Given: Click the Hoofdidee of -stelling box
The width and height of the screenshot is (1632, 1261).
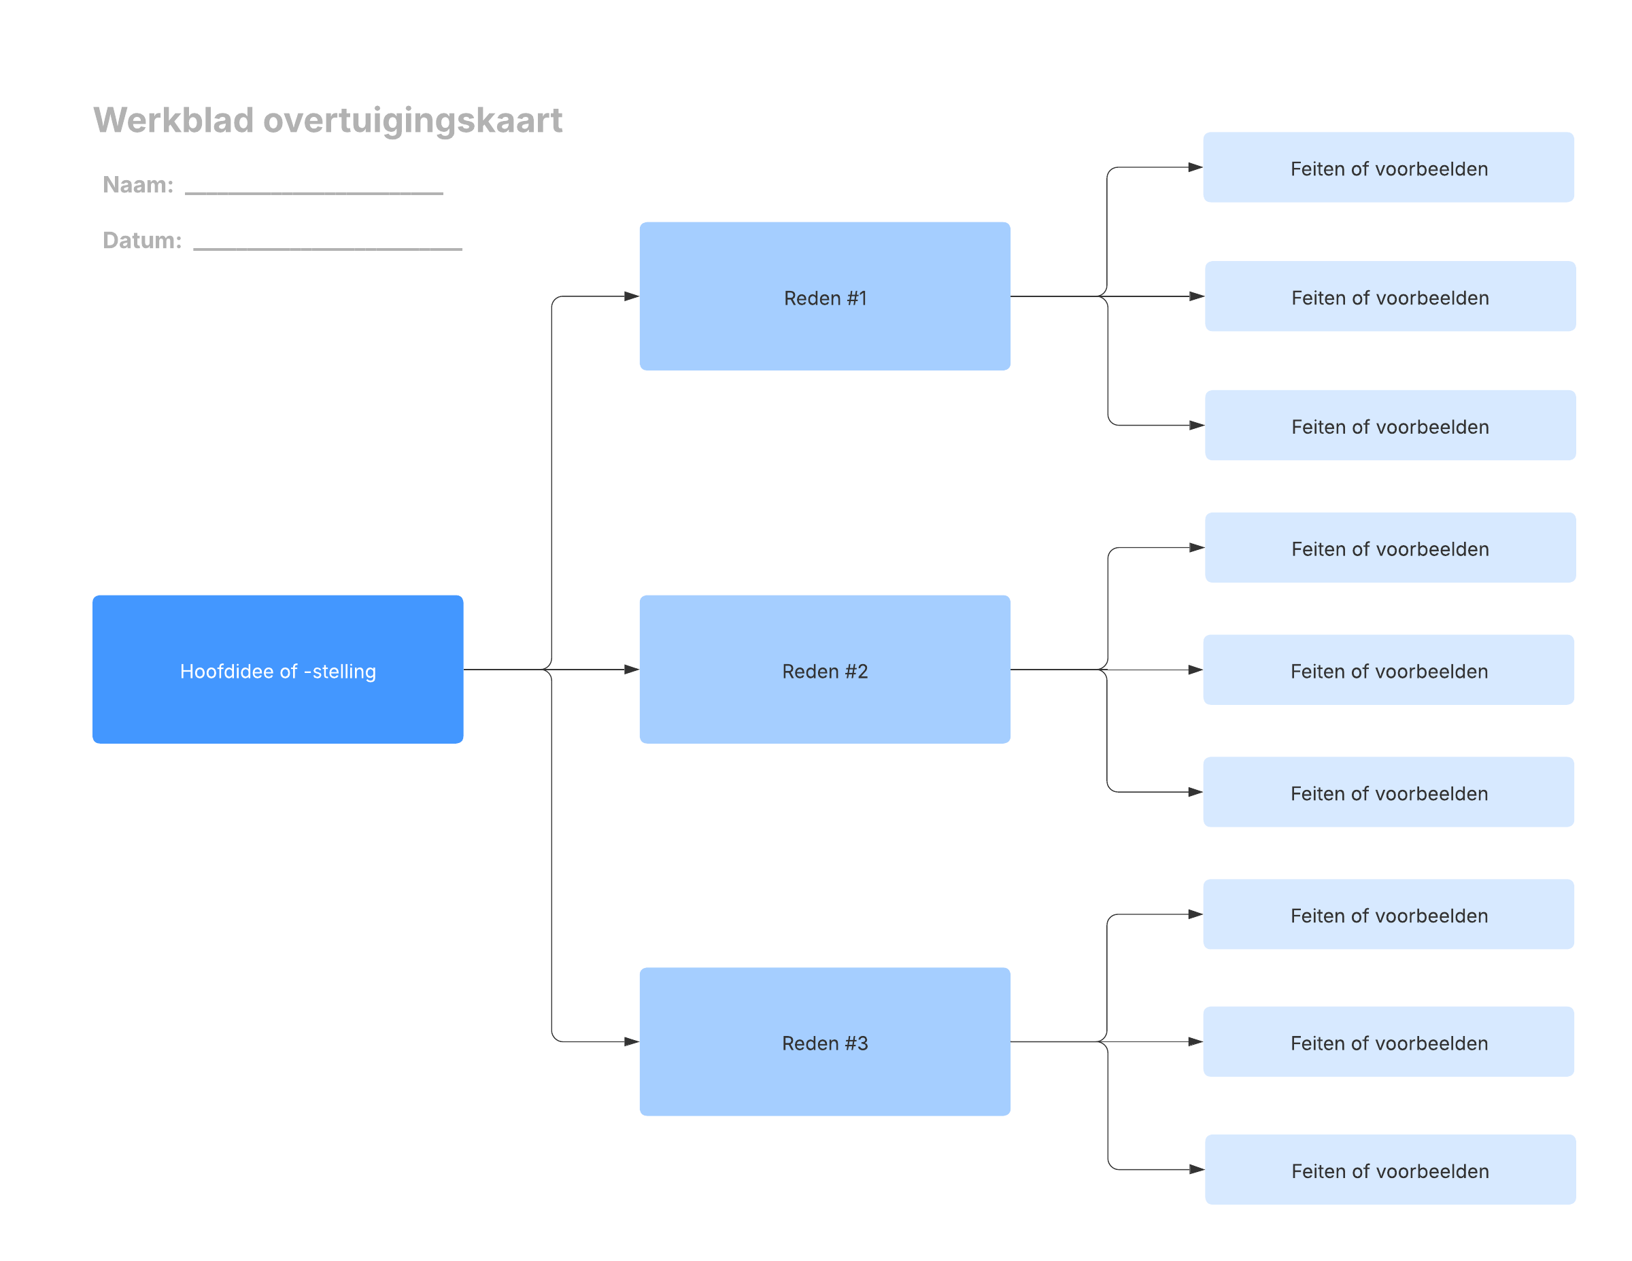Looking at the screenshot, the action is tap(278, 670).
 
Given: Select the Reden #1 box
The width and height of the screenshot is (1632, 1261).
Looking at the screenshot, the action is tap(825, 296).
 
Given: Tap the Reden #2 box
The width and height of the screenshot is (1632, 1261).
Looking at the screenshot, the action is tap(825, 670).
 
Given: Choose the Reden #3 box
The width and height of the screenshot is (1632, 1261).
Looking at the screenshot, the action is tap(825, 1042).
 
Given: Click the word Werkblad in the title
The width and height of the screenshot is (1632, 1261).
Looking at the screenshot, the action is tap(173, 120).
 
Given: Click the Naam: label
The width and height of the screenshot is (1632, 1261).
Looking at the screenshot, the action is tap(138, 184).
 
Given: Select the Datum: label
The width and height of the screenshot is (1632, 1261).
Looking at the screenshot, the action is tap(142, 241).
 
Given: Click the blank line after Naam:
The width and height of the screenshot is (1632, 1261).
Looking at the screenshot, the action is tap(314, 194).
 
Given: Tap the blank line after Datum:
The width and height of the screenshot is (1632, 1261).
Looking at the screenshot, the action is tap(327, 249).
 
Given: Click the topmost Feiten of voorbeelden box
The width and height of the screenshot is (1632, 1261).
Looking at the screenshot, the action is tap(1389, 167).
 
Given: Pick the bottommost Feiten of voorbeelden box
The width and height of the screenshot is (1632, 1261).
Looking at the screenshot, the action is tap(1390, 1170).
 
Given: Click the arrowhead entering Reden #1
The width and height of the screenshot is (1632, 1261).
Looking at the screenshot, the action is tap(632, 296).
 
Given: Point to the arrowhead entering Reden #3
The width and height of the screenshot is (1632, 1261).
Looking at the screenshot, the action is tap(632, 1042).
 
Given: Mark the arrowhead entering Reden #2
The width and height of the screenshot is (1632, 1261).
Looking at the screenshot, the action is tap(632, 670).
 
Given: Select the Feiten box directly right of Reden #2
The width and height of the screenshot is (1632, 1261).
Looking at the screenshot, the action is tap(1389, 670).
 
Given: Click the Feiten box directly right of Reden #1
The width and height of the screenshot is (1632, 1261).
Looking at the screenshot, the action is tap(1390, 296).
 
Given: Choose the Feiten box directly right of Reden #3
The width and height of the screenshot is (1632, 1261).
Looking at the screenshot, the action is tap(1389, 1042).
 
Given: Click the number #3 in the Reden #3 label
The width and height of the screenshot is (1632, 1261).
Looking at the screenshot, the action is tap(856, 1043).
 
